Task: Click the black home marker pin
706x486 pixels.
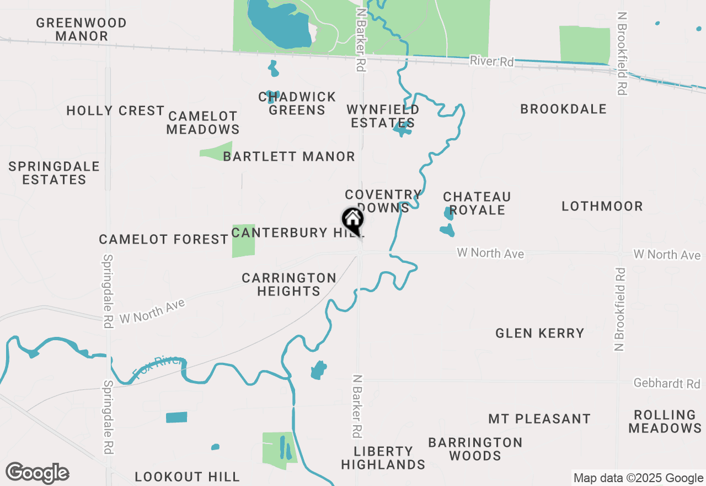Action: (352, 221)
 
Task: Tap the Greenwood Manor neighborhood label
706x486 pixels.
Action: (82, 30)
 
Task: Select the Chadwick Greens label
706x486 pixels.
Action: (297, 104)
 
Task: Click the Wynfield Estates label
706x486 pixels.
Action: (383, 117)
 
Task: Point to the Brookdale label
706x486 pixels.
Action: (563, 109)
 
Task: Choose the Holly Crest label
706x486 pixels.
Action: (115, 111)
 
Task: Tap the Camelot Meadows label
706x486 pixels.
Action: (203, 123)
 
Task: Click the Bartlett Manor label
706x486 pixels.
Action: (289, 157)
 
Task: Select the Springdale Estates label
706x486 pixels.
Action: (54, 173)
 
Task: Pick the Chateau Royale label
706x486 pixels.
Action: (477, 203)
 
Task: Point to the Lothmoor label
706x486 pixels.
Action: (602, 207)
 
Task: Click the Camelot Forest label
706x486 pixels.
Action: (163, 240)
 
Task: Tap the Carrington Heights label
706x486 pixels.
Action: (289, 284)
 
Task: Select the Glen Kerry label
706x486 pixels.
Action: (539, 333)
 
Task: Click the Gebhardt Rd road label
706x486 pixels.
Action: (666, 383)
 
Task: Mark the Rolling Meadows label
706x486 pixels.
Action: (665, 421)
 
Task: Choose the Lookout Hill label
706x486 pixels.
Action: (187, 477)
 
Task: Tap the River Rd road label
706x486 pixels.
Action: (491, 61)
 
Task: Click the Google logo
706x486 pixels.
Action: (37, 473)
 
